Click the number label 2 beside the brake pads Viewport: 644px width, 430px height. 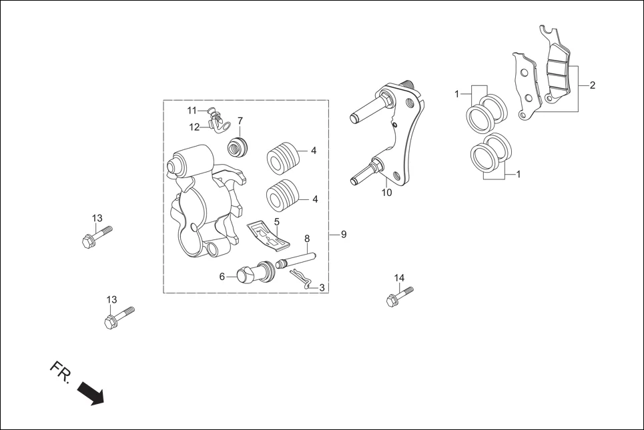click(593, 85)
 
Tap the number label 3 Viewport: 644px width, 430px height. click(322, 288)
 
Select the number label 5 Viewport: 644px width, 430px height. click(276, 221)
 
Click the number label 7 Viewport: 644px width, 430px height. click(240, 121)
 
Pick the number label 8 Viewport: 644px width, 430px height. click(307, 239)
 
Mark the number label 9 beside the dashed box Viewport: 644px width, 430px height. click(344, 235)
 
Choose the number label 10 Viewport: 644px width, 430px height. click(386, 193)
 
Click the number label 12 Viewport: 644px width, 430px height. click(194, 127)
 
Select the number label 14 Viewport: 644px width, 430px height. click(399, 278)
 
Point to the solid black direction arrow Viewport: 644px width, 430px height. click(91, 393)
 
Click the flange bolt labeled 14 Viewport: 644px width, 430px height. click(398, 296)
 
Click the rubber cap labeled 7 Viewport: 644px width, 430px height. click(237, 145)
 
